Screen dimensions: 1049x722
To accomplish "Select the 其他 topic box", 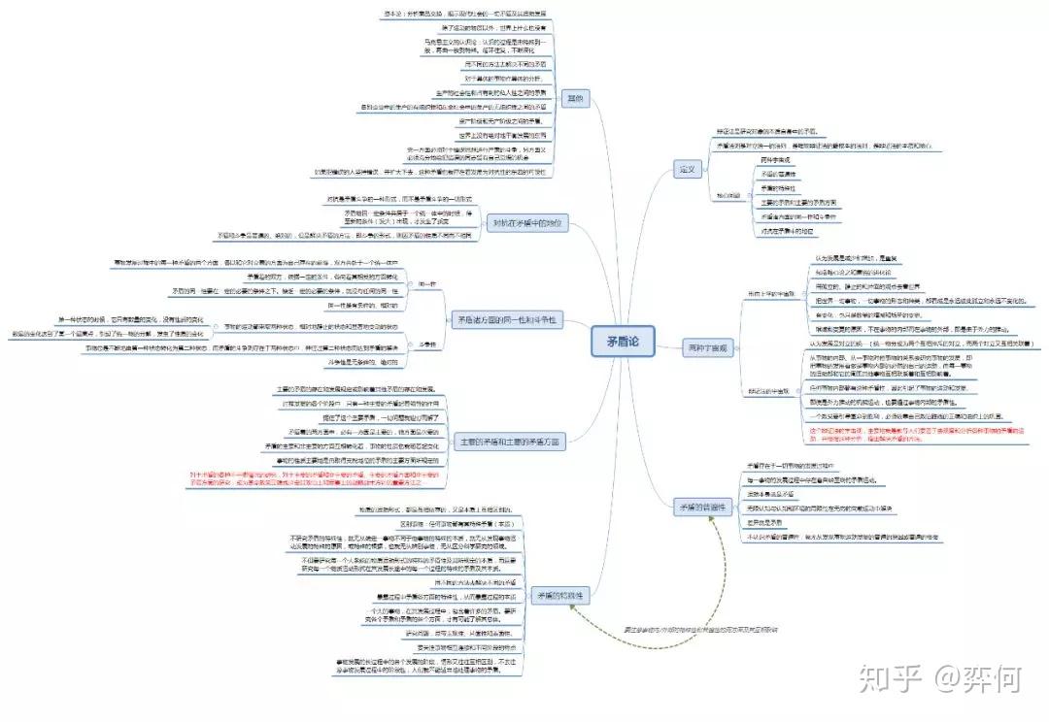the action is (x=576, y=98).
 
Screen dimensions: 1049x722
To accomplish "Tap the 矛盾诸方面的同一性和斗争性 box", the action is (x=506, y=320).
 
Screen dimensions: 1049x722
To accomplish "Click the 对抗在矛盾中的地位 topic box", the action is (x=524, y=222).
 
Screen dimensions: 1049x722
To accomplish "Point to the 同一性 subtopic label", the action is (x=426, y=284).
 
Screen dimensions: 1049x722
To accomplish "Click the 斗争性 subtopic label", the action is (x=426, y=345).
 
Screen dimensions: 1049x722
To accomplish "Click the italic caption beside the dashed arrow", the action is (x=699, y=630).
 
